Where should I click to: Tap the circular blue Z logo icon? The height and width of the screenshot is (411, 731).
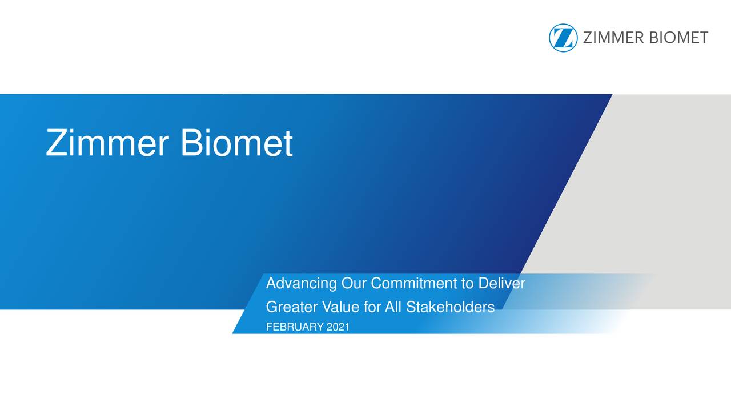563,38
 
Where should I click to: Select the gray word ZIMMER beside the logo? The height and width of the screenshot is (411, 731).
612,38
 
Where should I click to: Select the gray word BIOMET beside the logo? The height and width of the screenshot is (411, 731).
677,38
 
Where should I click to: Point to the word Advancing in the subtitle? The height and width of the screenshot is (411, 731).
302,284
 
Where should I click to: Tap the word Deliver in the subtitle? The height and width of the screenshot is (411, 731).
501,283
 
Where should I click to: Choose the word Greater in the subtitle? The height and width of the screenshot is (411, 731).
292,308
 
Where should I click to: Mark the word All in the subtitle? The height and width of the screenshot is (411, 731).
393,308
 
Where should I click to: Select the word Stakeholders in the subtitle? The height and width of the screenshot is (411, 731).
450,308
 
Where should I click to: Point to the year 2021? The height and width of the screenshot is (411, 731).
338,327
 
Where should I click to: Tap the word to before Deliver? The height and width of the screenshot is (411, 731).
468,284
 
